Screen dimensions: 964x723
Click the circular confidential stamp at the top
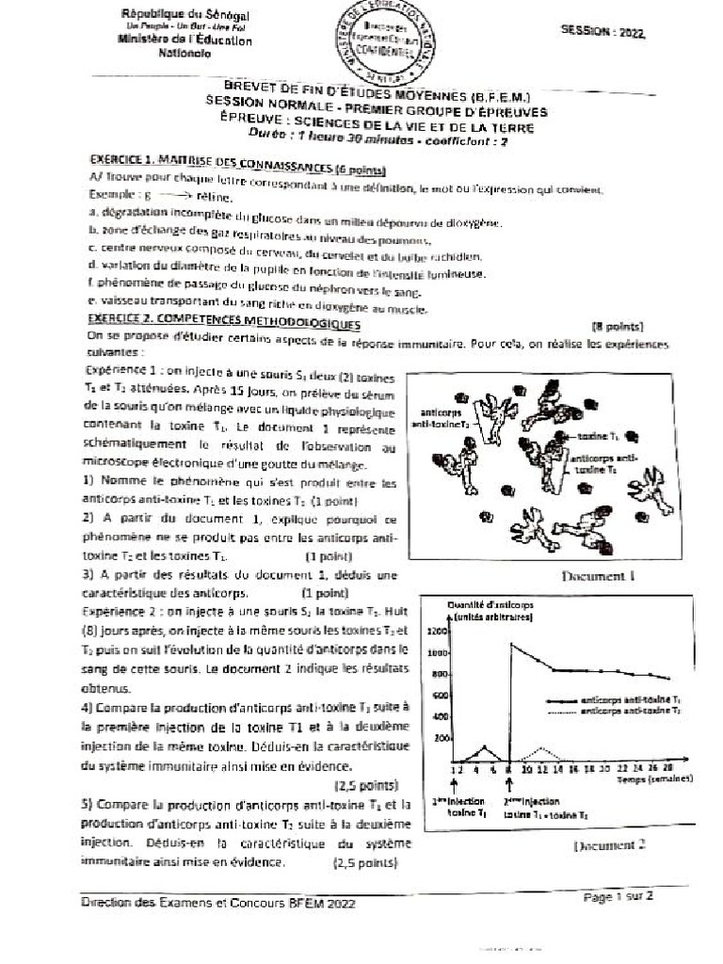pos(383,43)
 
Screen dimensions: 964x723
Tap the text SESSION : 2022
pos(603,31)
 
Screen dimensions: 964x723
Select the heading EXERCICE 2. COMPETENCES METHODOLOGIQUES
pos(224,323)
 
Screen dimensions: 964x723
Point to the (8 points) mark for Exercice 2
pos(617,327)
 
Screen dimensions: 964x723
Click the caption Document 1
pos(599,575)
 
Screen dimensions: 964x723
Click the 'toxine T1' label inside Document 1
pos(598,437)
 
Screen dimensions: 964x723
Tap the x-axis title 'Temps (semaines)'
pos(655,779)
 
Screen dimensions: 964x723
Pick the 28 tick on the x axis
pos(667,768)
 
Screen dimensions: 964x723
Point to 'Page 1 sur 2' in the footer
pos(618,897)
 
